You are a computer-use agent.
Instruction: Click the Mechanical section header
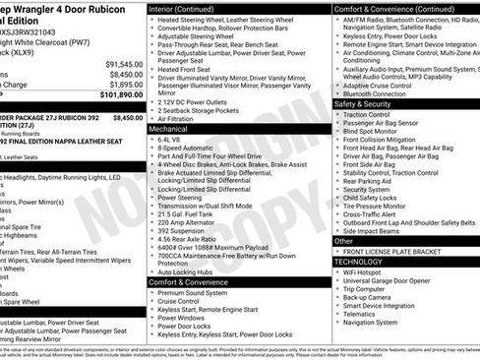(169, 129)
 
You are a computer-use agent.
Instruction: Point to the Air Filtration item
(181, 118)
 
